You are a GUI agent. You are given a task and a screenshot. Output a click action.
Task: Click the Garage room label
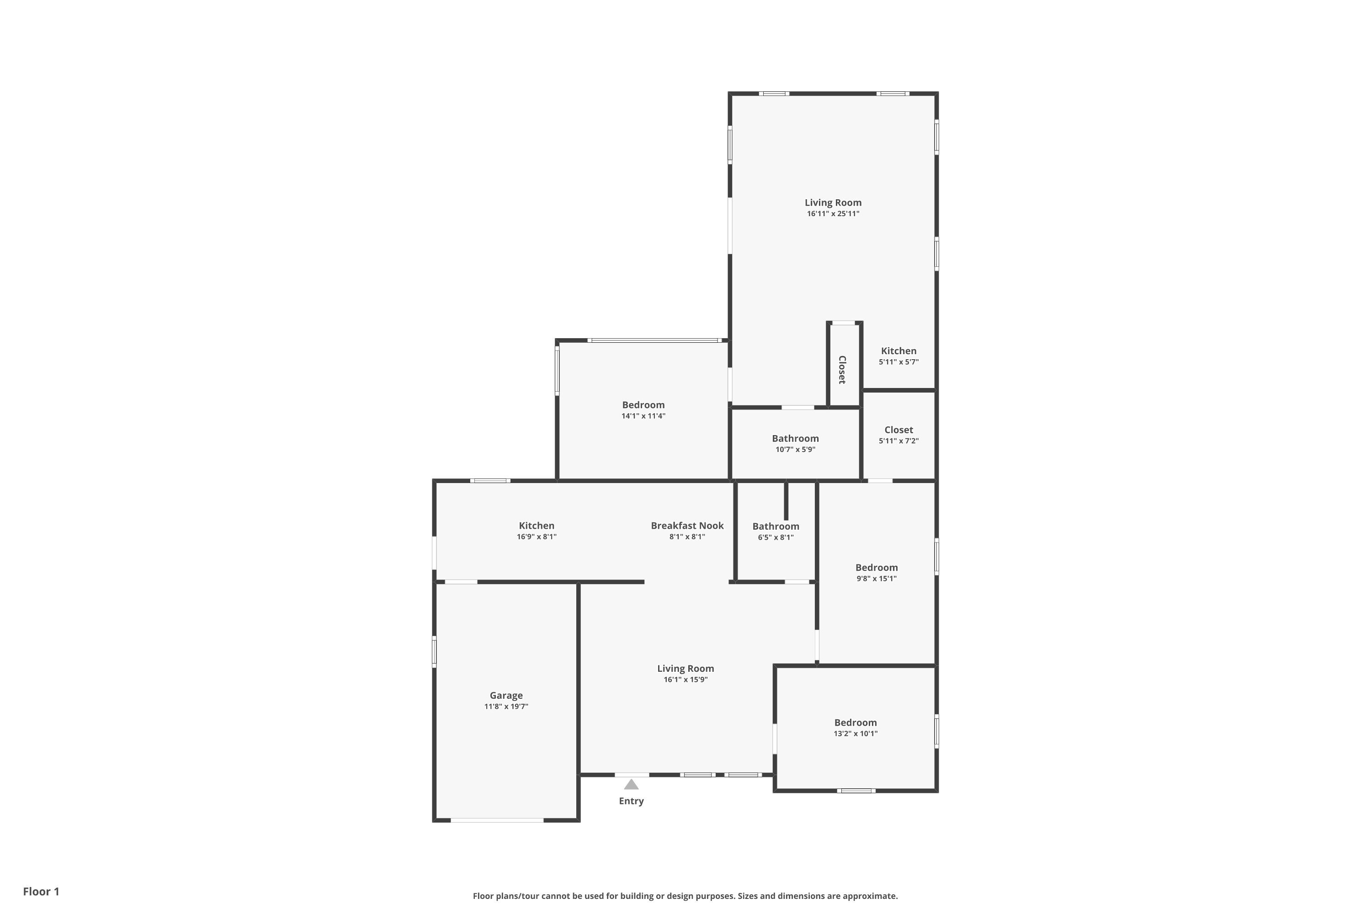point(506,696)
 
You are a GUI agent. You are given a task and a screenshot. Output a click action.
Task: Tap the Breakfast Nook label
point(687,526)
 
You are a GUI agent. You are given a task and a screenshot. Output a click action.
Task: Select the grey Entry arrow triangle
point(631,785)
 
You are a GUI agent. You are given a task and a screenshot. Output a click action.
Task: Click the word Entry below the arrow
point(631,802)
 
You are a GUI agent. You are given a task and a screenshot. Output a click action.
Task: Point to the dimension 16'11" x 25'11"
point(833,214)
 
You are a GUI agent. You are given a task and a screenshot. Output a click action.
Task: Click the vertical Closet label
point(842,370)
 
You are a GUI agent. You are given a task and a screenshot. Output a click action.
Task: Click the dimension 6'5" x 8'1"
point(776,538)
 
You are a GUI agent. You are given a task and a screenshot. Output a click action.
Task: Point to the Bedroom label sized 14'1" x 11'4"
point(643,405)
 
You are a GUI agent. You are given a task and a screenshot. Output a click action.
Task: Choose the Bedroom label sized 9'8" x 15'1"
point(877,568)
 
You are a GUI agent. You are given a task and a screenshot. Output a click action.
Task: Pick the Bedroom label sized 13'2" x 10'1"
point(856,723)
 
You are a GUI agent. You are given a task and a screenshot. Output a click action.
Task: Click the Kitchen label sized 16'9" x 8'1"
point(537,526)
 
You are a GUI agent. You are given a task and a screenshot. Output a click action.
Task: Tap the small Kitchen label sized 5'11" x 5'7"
point(899,351)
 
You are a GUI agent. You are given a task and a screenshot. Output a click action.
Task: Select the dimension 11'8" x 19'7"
point(506,707)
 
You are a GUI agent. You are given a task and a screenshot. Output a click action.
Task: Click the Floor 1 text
point(42,891)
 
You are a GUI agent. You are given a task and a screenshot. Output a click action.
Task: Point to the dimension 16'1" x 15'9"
point(685,680)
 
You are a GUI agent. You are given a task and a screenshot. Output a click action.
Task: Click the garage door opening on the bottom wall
point(497,820)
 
